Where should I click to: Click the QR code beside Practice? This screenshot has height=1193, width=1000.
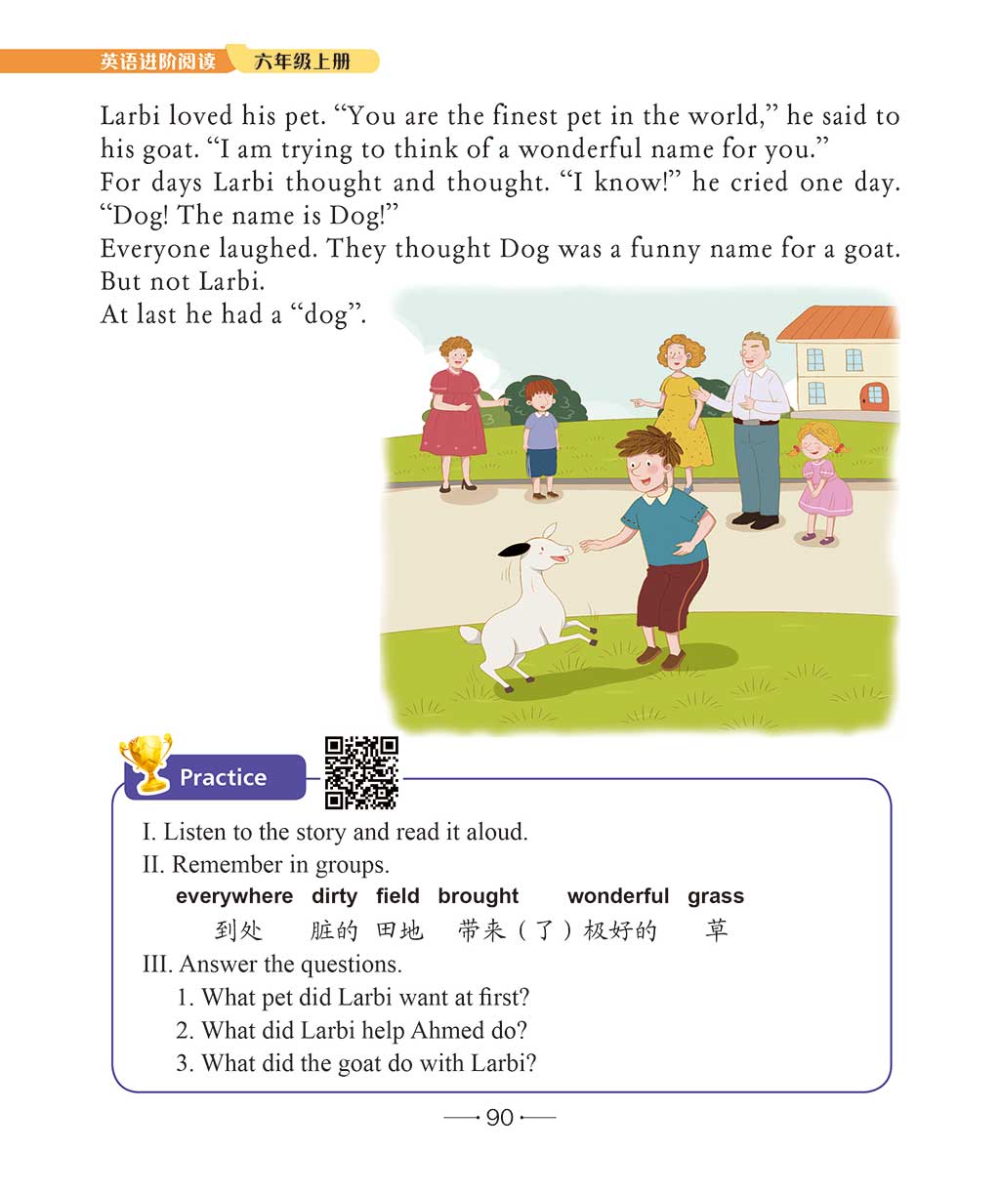361,772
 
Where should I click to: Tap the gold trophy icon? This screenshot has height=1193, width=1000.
146,762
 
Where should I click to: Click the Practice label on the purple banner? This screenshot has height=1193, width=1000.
223,778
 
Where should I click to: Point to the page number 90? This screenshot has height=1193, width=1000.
499,1118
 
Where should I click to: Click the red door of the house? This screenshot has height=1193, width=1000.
873,396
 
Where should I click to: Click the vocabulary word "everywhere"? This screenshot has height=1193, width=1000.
234,896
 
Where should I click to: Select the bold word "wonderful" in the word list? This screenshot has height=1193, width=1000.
618,896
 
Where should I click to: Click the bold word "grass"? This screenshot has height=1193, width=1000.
716,896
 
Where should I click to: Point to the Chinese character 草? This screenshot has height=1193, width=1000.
717,930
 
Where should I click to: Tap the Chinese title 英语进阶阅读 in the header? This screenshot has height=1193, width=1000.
158,62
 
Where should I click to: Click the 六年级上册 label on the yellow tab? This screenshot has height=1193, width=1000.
302,62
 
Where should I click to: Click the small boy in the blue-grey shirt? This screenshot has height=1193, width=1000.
540,434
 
